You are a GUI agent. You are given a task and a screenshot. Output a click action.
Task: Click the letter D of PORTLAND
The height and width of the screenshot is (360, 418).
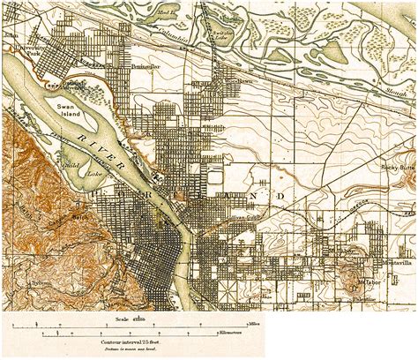pos(283,192)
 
